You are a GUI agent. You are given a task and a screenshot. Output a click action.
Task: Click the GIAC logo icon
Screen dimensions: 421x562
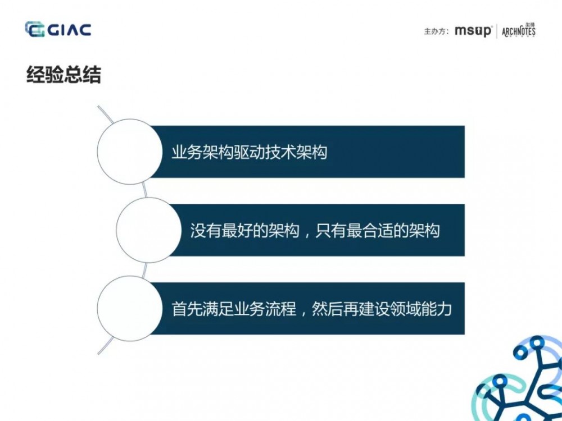[x=35, y=29]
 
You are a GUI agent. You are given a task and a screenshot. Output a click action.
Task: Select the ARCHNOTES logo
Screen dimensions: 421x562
[x=518, y=30]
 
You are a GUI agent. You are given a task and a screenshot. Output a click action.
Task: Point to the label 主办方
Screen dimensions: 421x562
[x=436, y=31]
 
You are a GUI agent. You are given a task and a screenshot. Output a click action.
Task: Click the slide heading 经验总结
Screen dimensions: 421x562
[x=64, y=75]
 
